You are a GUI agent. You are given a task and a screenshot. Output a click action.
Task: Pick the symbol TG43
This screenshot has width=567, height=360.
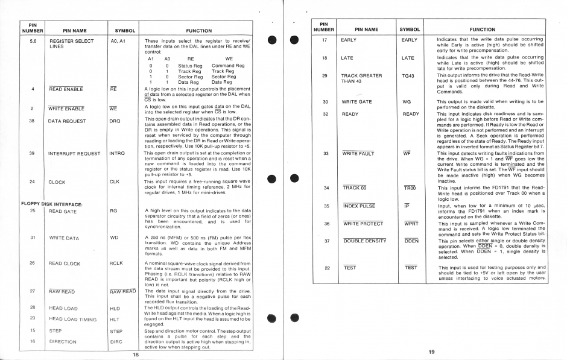click(x=408, y=75)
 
